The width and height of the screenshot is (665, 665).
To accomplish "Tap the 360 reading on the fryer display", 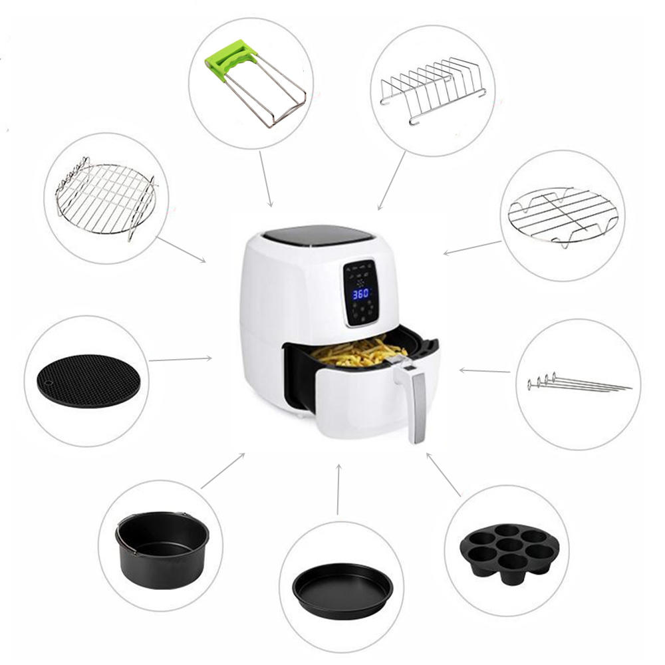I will tap(360, 293).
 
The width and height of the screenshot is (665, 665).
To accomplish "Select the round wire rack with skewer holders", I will tap(104, 197).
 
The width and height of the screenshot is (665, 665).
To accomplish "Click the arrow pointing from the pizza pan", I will tap(338, 489).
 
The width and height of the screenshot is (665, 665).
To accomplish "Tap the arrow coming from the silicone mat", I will tap(180, 359).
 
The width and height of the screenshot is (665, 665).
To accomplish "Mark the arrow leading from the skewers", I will tap(485, 370).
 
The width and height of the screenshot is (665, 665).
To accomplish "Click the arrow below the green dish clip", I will tap(265, 178).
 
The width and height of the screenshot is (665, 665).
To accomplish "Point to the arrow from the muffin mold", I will tap(444, 475).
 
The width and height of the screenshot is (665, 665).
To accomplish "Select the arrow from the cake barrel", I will tap(223, 471).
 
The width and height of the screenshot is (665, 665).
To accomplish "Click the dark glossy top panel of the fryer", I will tap(315, 235).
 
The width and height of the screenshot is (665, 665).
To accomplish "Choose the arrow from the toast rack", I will tap(392, 180).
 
